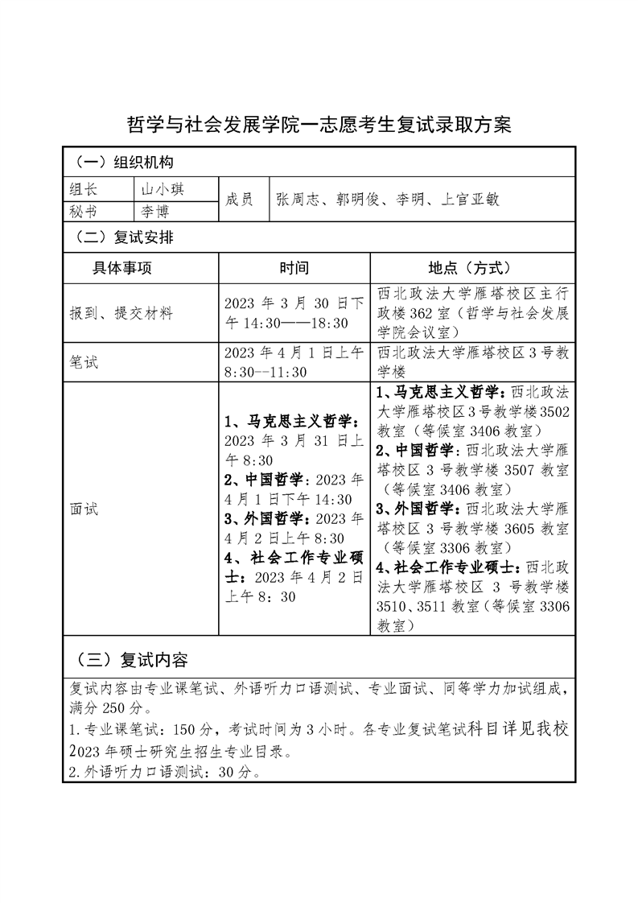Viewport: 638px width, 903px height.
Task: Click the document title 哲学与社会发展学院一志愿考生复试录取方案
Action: click(x=319, y=126)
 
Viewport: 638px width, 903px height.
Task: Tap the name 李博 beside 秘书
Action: click(x=156, y=211)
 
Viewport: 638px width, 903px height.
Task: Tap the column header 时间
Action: click(x=294, y=268)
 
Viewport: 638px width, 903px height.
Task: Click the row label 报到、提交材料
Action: click(x=121, y=313)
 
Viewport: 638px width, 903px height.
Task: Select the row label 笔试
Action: click(x=84, y=362)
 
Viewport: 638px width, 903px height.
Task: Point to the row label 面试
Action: click(x=84, y=509)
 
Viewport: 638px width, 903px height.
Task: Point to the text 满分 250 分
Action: click(x=106, y=707)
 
